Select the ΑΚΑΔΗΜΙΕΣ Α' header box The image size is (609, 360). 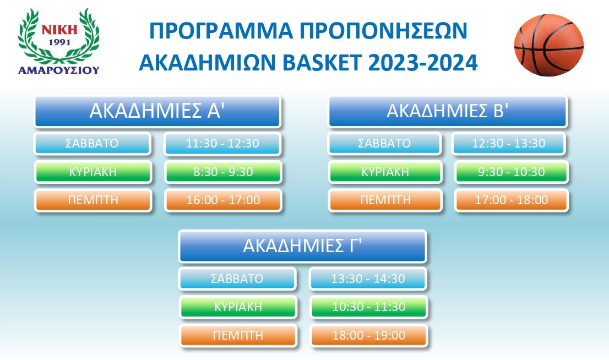(x=157, y=111)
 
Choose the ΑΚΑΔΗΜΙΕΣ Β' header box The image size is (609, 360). (x=447, y=111)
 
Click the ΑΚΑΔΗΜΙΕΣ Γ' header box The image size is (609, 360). (x=302, y=246)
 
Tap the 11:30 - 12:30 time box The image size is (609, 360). (x=223, y=144)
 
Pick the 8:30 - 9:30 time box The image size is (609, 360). (x=223, y=172)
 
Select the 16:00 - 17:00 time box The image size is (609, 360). (x=223, y=200)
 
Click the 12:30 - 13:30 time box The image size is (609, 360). (x=509, y=144)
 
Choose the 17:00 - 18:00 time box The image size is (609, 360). (x=511, y=200)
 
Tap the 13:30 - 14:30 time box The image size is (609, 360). (x=368, y=279)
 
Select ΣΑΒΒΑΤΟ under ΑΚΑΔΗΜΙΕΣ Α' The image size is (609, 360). (x=93, y=144)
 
